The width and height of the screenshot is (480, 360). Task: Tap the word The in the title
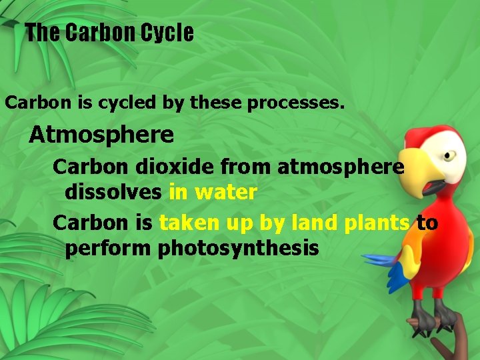pyautogui.click(x=43, y=33)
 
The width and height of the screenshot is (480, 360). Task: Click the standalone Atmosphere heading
pyautogui.click(x=101, y=135)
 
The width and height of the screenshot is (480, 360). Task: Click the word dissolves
pyautogui.click(x=113, y=193)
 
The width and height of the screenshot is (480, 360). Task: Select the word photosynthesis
pyautogui.click(x=239, y=249)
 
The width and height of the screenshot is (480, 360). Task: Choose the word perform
pyautogui.click(x=109, y=249)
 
